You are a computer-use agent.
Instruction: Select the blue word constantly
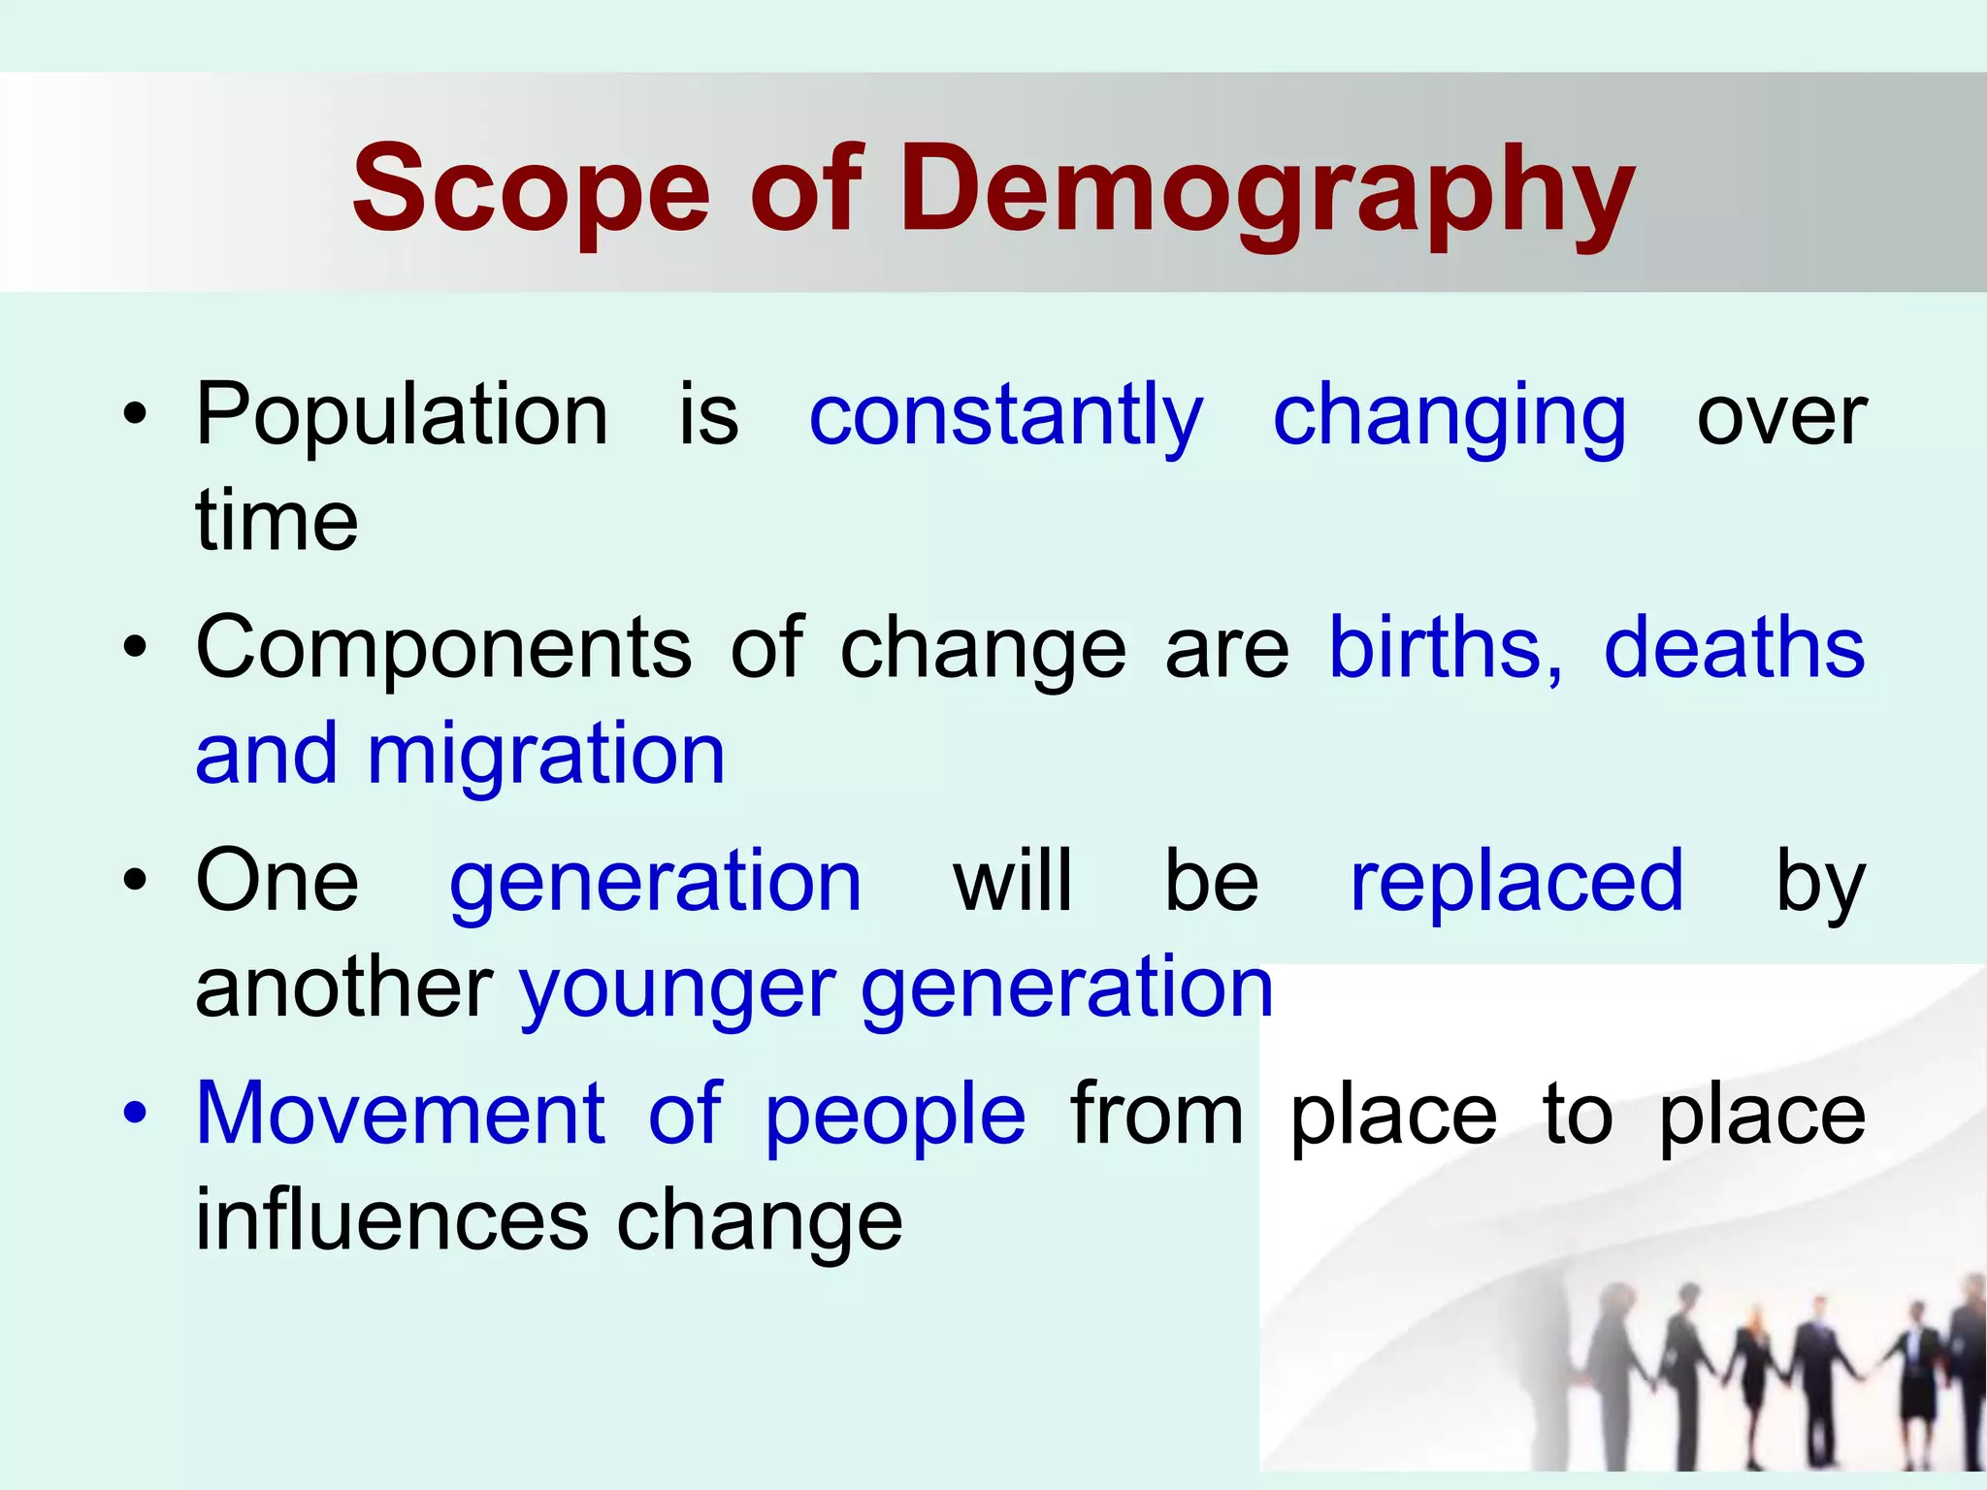pyautogui.click(x=1005, y=417)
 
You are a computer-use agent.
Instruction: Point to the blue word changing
pyautogui.click(x=1449, y=417)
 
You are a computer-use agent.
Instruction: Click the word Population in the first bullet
pyautogui.click(x=402, y=417)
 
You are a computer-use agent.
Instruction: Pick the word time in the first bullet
pyautogui.click(x=277, y=521)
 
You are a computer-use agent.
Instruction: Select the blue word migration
pyautogui.click(x=545, y=754)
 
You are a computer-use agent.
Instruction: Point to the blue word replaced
pyautogui.click(x=1516, y=881)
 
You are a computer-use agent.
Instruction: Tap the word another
pyautogui.click(x=344, y=988)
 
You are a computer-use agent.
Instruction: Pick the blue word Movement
pyautogui.click(x=401, y=1114)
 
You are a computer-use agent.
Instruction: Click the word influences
pyautogui.click(x=392, y=1219)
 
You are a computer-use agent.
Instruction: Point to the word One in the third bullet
pyautogui.click(x=277, y=881)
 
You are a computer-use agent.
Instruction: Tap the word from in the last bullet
pyautogui.click(x=1156, y=1114)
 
